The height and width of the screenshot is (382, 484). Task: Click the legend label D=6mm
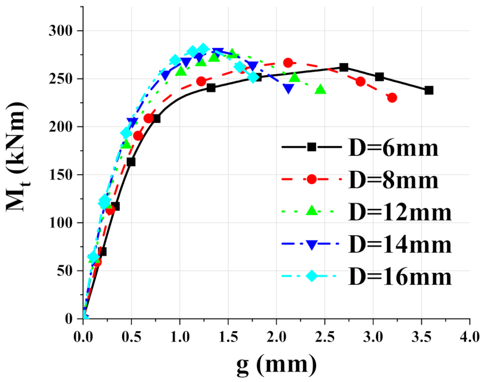coord(393,148)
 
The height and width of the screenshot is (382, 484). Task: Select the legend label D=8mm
coord(393,180)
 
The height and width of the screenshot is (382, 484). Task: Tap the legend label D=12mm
coord(400,212)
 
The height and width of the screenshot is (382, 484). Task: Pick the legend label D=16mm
coord(400,277)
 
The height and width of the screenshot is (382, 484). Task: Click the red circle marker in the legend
coord(312,179)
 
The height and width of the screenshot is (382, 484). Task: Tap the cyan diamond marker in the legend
coord(312,276)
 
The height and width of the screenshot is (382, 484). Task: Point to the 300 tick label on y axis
coord(61,31)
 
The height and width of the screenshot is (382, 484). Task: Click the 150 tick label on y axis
coord(61,175)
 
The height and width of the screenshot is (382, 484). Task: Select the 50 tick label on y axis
coord(65,271)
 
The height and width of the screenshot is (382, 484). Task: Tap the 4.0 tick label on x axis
coord(469,337)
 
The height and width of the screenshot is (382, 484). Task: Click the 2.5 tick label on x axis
coord(325,337)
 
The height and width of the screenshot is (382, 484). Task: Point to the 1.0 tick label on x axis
coord(180,337)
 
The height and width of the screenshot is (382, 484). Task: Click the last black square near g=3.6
coord(429,90)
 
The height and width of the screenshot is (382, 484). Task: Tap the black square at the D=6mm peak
coord(344,67)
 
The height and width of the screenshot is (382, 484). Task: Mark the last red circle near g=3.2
coord(392,98)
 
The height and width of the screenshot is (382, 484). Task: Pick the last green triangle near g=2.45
coord(320,90)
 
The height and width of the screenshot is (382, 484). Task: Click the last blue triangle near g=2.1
coord(288,89)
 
